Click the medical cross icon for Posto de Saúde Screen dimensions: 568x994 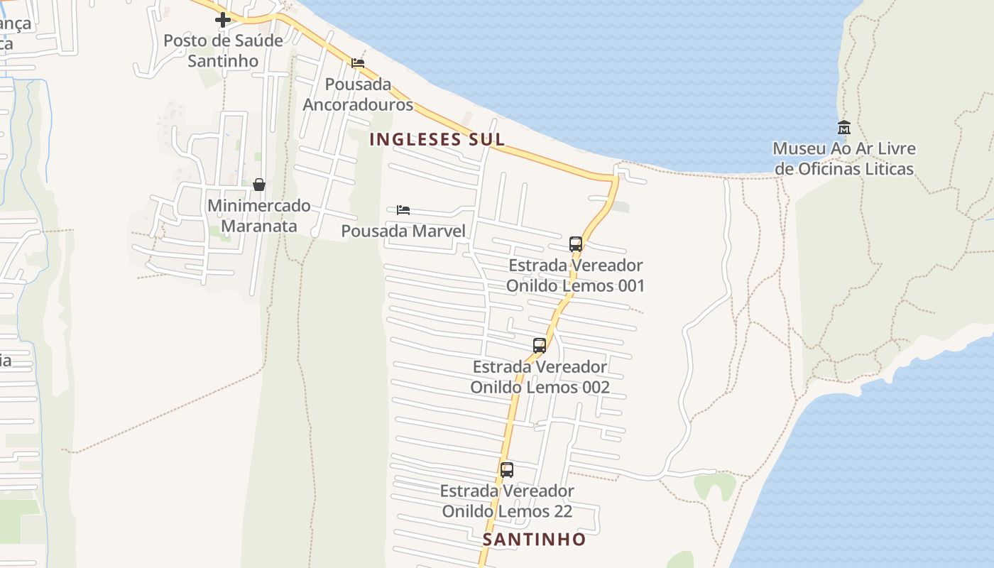(x=223, y=20)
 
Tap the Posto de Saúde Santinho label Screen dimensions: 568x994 (x=223, y=50)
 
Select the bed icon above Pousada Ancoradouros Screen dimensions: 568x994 (x=358, y=63)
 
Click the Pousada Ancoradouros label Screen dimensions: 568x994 (x=358, y=94)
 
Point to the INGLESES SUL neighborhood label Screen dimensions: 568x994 (x=437, y=139)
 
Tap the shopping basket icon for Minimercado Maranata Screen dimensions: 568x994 (x=259, y=185)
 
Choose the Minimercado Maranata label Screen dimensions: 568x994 (x=259, y=216)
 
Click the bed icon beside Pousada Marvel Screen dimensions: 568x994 (x=403, y=210)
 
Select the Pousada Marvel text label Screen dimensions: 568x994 (x=403, y=231)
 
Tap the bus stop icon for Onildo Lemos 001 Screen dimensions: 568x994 (x=576, y=244)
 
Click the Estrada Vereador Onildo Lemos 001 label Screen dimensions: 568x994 (x=576, y=275)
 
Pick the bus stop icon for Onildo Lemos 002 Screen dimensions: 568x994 (x=540, y=346)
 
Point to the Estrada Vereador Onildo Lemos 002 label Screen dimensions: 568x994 (x=540, y=377)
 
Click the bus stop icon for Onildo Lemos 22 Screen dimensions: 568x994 (x=507, y=469)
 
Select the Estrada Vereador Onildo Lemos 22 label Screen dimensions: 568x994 (x=507, y=501)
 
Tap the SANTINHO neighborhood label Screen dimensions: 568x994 (x=535, y=540)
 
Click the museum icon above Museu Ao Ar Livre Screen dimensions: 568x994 (x=844, y=128)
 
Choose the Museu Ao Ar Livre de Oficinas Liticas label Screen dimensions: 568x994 (x=844, y=159)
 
